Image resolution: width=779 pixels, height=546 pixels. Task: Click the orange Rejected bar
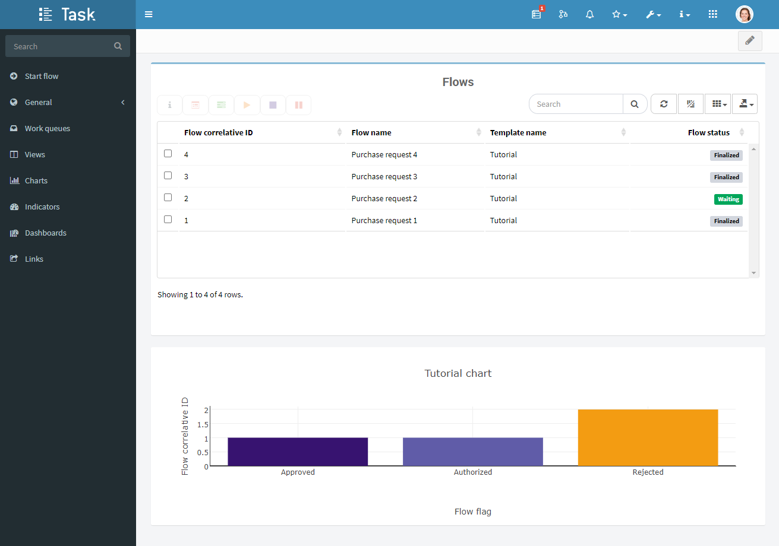pos(648,437)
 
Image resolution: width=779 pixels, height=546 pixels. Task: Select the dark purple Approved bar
pos(298,452)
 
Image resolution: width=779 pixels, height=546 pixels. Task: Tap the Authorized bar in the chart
pos(472,452)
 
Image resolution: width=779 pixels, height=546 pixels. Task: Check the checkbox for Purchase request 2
pos(168,198)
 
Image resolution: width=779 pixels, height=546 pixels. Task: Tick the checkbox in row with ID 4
pos(168,154)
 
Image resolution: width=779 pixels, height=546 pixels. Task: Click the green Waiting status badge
pos(728,199)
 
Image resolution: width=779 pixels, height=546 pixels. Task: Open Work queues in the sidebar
pos(48,129)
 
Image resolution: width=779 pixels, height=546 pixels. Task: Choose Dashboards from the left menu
pos(46,233)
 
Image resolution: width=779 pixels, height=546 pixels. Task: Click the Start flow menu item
pos(42,76)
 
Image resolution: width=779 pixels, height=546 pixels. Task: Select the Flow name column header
pos(371,132)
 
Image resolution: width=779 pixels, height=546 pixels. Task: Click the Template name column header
pos(518,132)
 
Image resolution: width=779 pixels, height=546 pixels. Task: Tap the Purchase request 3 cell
pos(384,176)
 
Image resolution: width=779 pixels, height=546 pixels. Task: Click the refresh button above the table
pos(664,104)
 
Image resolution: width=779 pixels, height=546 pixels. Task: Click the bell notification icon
pos(589,14)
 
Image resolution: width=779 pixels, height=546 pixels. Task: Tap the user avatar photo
pos(744,14)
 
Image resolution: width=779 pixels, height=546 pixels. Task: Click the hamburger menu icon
pos(149,14)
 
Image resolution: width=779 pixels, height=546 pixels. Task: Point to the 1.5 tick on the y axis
pos(203,424)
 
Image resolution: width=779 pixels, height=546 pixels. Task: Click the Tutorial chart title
pos(458,373)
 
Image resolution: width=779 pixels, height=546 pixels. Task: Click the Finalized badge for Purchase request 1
pos(726,221)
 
